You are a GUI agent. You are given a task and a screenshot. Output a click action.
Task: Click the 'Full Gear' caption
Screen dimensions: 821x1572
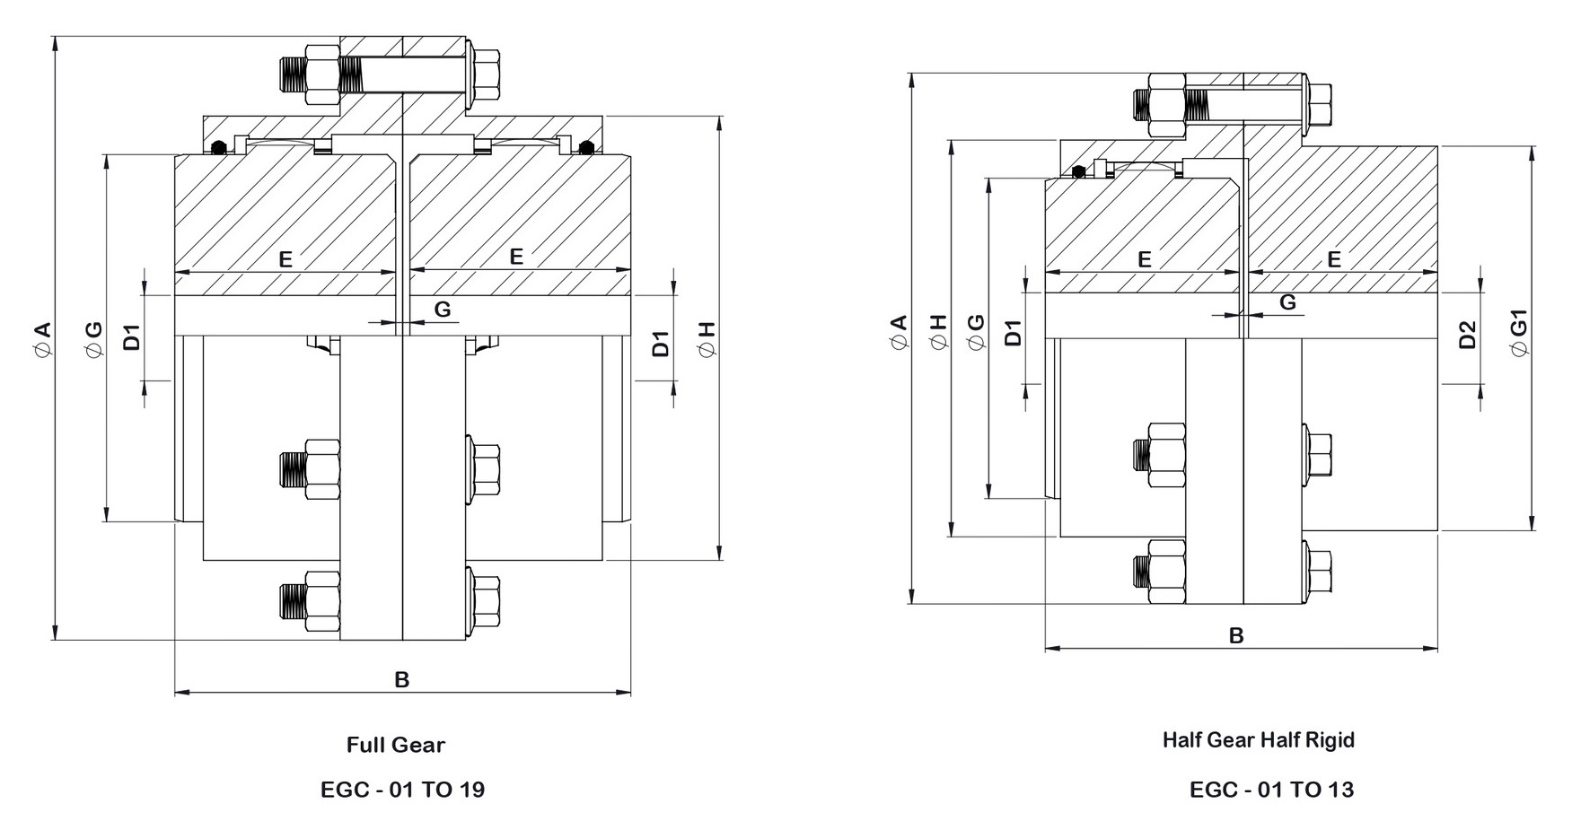395,745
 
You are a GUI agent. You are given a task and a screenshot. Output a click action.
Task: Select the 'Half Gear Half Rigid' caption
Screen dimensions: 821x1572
1258,740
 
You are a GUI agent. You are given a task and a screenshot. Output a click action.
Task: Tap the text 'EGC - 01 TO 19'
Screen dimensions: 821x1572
402,790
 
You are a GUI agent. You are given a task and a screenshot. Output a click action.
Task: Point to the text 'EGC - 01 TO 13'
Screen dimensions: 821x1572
1271,790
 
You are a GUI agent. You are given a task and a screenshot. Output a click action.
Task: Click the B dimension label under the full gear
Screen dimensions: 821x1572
402,679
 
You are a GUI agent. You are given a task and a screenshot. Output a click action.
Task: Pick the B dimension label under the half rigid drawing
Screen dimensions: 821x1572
1235,635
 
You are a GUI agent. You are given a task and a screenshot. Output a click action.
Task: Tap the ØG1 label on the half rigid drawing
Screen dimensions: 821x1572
1518,334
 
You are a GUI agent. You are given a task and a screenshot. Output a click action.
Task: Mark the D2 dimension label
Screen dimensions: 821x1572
1467,335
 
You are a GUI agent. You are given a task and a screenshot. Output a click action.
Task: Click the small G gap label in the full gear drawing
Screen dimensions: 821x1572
442,310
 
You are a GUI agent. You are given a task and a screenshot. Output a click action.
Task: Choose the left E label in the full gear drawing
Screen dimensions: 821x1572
285,259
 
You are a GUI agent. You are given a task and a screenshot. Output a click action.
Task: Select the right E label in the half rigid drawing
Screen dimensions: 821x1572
1333,259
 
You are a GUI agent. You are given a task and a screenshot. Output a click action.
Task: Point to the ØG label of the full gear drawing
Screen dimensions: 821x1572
93,341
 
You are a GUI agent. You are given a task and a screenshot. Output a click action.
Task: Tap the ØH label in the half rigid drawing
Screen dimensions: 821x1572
938,333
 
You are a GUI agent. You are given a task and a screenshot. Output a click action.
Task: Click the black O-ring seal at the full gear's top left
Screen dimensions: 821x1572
216,148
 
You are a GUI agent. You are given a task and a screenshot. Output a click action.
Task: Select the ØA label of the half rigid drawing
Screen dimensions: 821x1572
899,333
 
